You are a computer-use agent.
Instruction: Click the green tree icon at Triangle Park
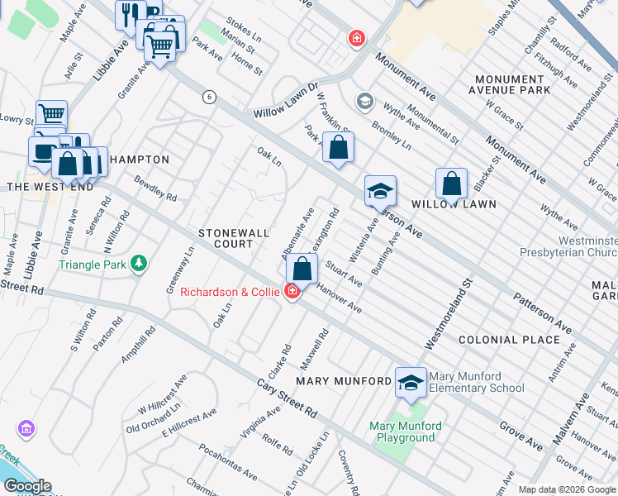[x=140, y=264]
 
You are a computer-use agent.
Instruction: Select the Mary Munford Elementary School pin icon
[x=411, y=382]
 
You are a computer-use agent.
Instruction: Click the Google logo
[x=26, y=486]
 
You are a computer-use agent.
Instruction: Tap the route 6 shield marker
[x=210, y=98]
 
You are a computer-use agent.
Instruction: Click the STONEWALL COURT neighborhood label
[x=233, y=239]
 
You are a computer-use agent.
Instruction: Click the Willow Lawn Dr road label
[x=286, y=98]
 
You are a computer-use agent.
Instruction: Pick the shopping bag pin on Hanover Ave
[x=302, y=268]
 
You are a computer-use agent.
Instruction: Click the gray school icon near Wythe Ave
[x=364, y=102]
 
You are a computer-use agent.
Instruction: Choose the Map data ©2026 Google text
[x=567, y=489]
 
